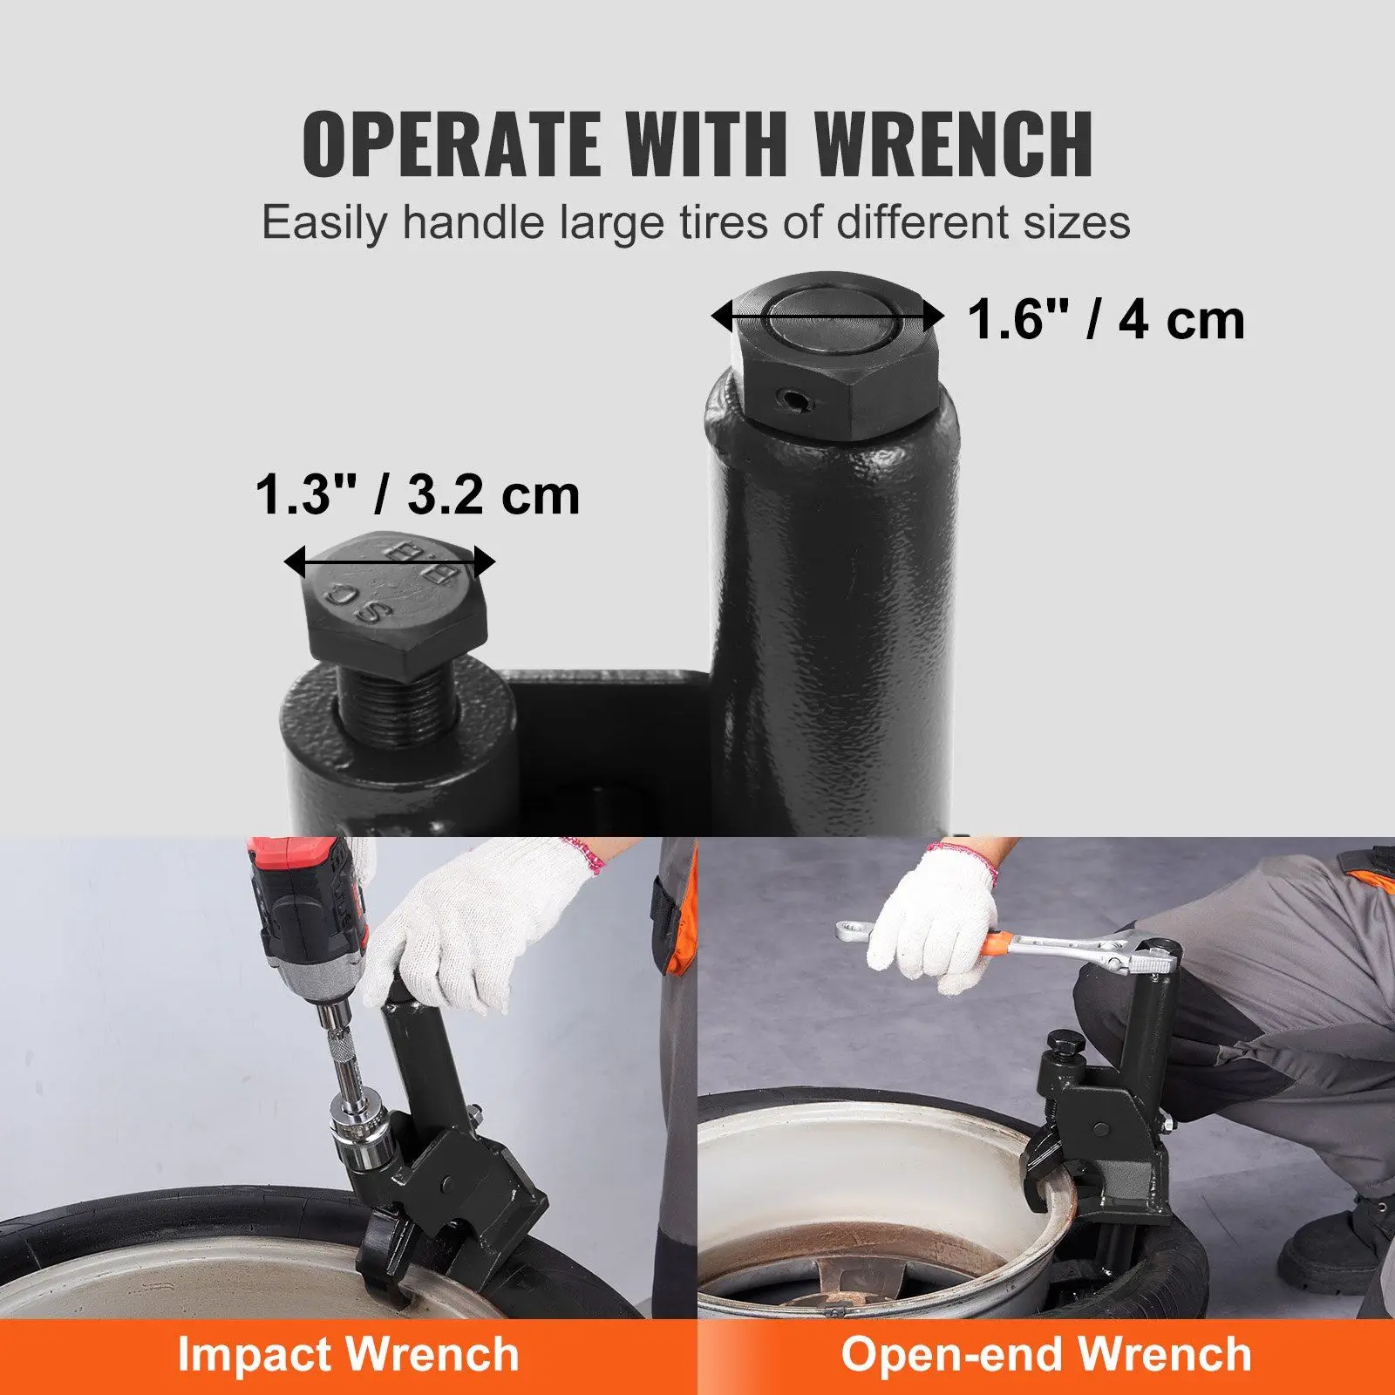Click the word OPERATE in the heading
[451, 144]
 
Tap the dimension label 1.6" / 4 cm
[1106, 319]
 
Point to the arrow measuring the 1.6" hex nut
[827, 316]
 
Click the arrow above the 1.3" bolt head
[390, 562]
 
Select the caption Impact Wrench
[348, 1354]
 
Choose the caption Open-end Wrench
[1045, 1354]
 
